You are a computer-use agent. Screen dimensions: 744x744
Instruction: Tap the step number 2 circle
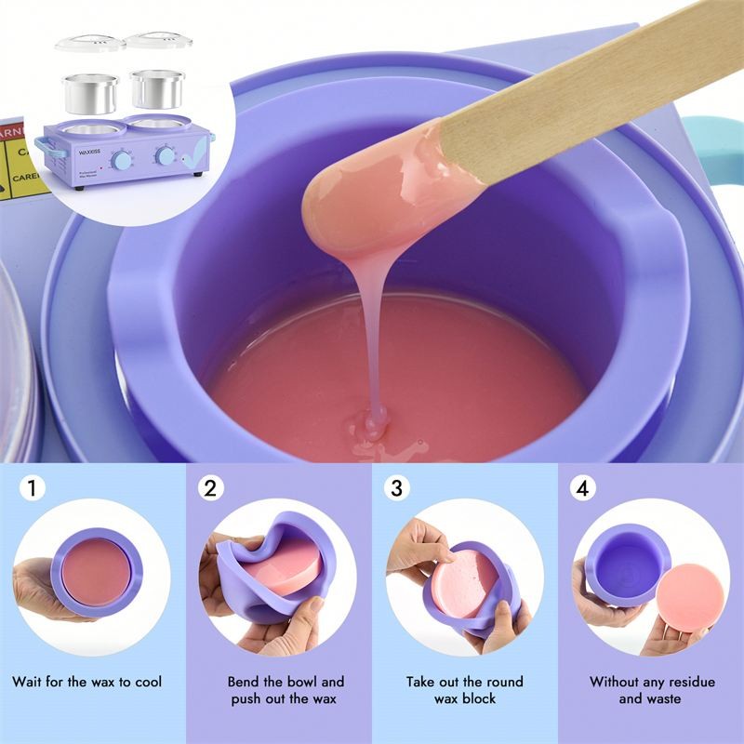pos(213,488)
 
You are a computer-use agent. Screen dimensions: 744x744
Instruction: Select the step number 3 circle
pos(397,488)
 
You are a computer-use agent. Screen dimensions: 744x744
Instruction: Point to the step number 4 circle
pos(583,488)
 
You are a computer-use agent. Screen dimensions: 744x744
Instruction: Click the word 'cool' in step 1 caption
pos(145,682)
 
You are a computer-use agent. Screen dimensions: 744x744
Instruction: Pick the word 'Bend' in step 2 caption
pos(244,682)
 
